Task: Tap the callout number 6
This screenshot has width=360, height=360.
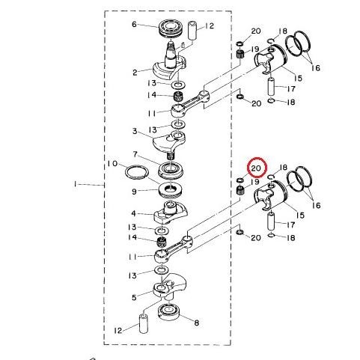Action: point(135,24)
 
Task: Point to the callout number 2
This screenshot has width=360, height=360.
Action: point(135,73)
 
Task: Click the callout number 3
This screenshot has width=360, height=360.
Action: point(134,131)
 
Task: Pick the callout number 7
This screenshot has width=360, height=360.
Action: point(135,154)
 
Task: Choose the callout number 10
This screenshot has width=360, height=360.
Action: point(112,163)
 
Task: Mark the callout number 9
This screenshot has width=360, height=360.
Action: point(135,191)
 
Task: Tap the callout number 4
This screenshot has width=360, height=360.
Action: point(135,213)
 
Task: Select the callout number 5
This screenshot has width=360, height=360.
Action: point(135,297)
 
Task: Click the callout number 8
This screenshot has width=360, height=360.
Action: point(197,323)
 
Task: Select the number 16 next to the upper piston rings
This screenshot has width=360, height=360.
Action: point(316,67)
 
